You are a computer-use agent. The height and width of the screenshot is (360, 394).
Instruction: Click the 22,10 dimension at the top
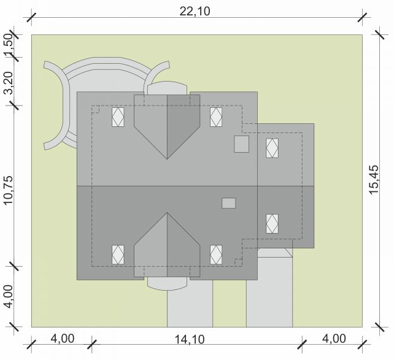click(195, 11)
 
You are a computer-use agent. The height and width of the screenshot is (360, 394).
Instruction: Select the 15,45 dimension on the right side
click(374, 179)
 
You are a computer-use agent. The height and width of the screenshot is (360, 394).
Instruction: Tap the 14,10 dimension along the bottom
click(190, 339)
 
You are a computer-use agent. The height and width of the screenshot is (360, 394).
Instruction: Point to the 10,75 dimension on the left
click(8, 190)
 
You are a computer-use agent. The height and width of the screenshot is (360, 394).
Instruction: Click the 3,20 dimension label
click(9, 83)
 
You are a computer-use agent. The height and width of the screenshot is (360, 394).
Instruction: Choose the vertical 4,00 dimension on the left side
click(9, 296)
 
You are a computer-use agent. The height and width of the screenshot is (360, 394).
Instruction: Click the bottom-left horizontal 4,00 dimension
click(63, 339)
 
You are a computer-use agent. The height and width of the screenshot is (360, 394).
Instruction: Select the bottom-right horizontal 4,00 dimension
click(334, 339)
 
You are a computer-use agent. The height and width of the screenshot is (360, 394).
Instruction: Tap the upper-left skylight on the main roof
click(118, 117)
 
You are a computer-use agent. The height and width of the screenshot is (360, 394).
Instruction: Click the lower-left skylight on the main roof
click(118, 255)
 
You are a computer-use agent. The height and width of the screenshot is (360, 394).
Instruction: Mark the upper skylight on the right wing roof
click(272, 148)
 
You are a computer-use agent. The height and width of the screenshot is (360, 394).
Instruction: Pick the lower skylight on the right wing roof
click(272, 224)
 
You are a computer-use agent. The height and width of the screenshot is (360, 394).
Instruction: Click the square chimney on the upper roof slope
click(241, 144)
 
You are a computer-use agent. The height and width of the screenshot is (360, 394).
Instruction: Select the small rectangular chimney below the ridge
click(229, 203)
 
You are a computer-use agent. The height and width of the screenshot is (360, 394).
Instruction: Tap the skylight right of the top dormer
click(216, 117)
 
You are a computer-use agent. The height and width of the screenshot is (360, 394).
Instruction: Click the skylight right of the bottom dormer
click(216, 255)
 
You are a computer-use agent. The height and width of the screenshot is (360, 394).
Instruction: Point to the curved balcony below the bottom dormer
click(167, 284)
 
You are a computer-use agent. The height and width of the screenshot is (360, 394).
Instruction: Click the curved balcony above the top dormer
click(167, 88)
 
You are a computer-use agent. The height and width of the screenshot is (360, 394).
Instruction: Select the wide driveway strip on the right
click(269, 291)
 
